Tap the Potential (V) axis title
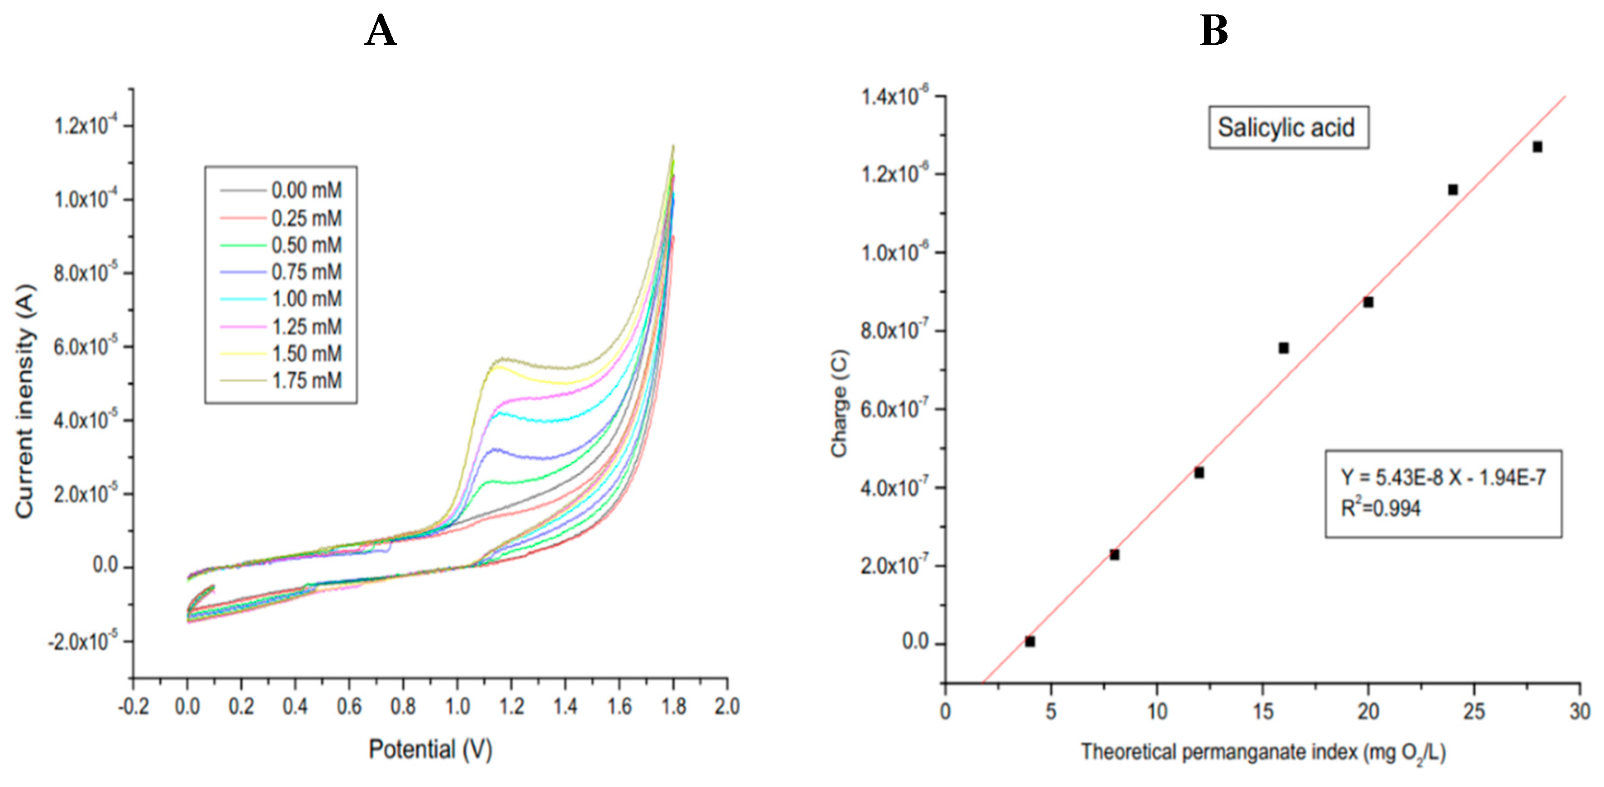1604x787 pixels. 430,749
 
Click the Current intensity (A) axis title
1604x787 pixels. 25,402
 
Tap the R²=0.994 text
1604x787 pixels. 1380,509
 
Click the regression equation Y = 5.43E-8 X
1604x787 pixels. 1442,478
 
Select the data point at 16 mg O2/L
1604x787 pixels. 1283,348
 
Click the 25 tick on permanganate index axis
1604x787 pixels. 1473,711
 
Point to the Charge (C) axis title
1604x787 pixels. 839,403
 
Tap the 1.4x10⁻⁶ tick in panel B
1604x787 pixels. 894,97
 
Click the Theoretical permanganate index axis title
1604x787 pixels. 1262,753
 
